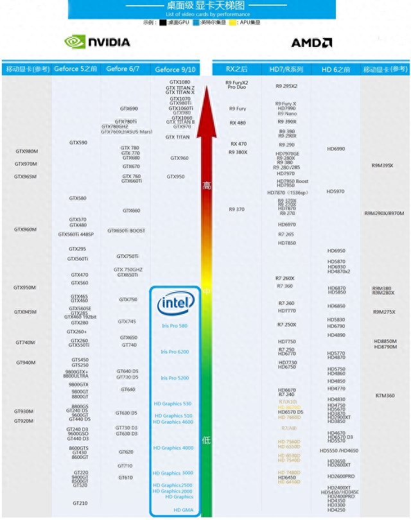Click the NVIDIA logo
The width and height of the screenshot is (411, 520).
(97, 42)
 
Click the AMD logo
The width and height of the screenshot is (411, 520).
(311, 43)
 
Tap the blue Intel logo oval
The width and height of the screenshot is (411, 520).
(174, 303)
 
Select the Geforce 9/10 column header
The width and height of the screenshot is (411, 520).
(175, 69)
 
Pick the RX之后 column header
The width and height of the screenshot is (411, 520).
(237, 69)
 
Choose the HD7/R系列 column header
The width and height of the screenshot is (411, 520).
(286, 69)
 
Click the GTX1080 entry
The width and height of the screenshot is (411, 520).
(180, 82)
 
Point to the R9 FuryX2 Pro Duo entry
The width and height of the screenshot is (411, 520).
(237, 85)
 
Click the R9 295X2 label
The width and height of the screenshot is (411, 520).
(286, 85)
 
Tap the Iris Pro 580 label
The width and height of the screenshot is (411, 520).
(175, 326)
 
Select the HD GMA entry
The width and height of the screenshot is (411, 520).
(183, 510)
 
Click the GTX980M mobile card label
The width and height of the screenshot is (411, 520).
(26, 152)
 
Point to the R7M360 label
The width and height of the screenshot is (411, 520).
(385, 395)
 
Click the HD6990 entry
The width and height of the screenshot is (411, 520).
(336, 149)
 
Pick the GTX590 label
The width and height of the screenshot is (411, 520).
(78, 143)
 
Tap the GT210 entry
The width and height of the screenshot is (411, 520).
(80, 503)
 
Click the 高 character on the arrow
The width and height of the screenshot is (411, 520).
(206, 186)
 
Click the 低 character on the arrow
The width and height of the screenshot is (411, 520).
(206, 440)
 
